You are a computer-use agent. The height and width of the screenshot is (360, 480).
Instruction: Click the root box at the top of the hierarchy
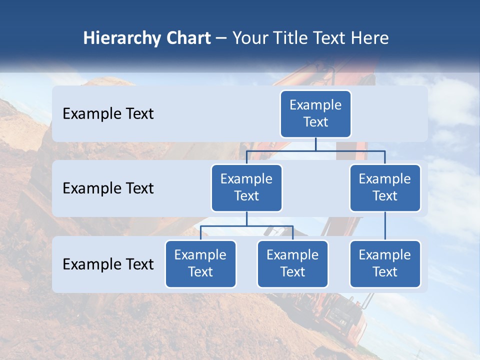(315, 113)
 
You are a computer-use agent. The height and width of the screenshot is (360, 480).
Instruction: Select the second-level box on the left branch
(246, 187)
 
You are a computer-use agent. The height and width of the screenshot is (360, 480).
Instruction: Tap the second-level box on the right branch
(385, 187)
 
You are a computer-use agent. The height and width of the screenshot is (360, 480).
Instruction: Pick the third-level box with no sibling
(385, 263)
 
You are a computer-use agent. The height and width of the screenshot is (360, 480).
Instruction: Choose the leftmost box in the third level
(200, 263)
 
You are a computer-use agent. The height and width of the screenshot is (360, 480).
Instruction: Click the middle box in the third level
(292, 263)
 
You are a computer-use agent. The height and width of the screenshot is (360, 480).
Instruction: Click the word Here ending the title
(369, 38)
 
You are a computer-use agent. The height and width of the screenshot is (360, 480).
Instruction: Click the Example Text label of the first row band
(108, 113)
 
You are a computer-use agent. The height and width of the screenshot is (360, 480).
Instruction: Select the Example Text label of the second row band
(108, 188)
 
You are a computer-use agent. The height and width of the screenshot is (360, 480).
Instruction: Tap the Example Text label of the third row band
(108, 264)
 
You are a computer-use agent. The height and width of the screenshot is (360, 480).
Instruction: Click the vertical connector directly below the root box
(315, 144)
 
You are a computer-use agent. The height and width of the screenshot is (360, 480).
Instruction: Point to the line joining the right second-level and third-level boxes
(385, 226)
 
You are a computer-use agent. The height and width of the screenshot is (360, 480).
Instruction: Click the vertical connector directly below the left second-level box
(246, 218)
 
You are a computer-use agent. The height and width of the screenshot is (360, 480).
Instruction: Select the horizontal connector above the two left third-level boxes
(246, 226)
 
